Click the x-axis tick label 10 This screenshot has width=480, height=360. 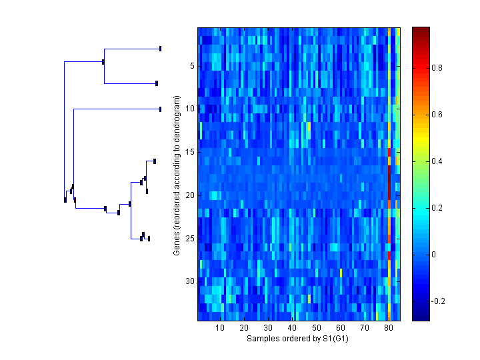[220, 328]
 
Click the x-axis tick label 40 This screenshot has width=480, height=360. [292, 328]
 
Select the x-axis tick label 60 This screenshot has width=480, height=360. [341, 328]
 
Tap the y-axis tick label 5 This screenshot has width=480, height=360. [191, 66]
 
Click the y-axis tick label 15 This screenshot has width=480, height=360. [189, 152]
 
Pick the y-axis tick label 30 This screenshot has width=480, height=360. [189, 281]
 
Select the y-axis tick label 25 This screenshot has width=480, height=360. [189, 238]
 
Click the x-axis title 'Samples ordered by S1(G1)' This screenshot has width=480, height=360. [297, 339]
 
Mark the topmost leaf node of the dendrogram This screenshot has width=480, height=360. [160, 49]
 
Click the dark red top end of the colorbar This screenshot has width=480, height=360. [421, 30]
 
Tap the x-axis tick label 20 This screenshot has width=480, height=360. [244, 328]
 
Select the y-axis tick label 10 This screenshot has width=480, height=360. [189, 109]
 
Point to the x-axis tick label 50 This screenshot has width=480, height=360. [317, 328]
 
